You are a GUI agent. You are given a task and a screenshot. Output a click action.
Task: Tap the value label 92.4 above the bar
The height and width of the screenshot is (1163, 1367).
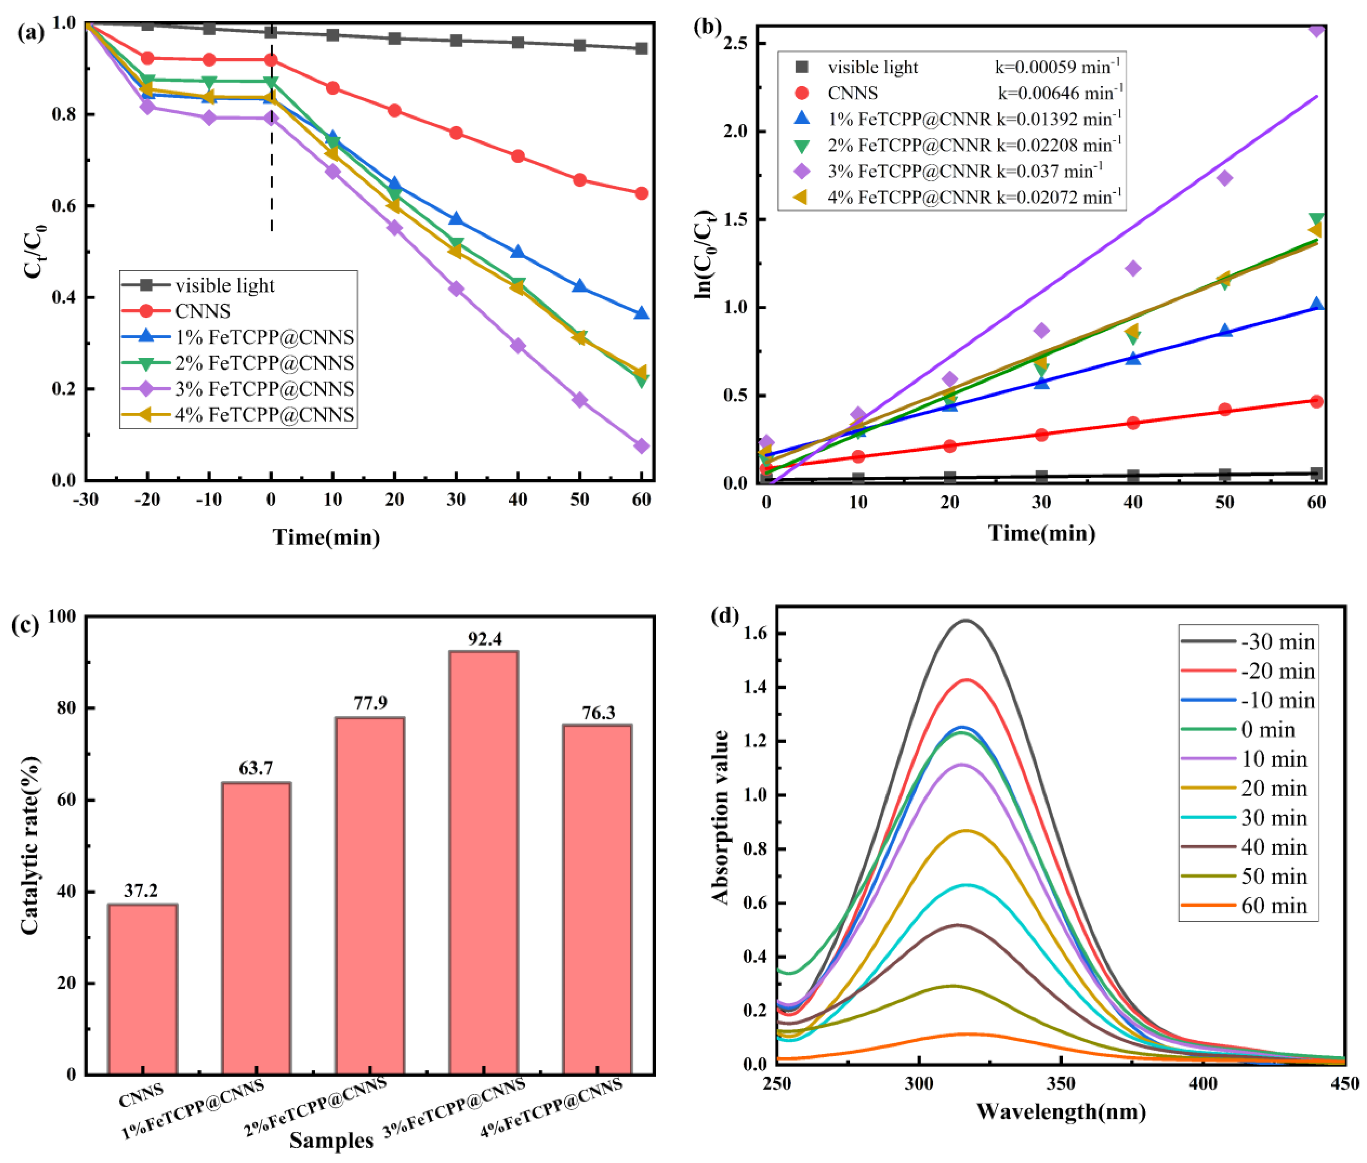[x=485, y=638]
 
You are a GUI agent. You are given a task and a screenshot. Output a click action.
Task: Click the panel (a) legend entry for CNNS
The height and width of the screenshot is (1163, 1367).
[x=202, y=310]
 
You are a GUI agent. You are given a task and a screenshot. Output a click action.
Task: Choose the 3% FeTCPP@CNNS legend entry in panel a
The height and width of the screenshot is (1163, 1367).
[x=264, y=388]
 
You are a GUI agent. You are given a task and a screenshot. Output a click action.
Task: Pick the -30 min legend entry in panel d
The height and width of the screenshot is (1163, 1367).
[x=1277, y=642]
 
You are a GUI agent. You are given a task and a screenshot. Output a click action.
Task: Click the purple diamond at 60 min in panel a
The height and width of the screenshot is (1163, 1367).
[x=641, y=446]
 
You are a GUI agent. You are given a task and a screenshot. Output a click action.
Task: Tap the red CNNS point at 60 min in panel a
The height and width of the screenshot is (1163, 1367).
[x=641, y=193]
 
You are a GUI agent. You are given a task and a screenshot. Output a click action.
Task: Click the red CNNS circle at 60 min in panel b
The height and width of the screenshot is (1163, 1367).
[x=1315, y=401]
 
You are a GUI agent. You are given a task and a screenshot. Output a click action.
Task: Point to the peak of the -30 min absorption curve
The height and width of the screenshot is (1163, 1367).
[x=966, y=620]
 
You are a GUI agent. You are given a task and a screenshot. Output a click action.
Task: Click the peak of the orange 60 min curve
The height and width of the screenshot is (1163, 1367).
[x=966, y=1034]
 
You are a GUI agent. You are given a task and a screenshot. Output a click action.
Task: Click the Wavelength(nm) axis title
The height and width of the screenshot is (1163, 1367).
[x=1061, y=1111]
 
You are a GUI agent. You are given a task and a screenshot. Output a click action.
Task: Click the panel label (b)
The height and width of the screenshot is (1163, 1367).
[x=708, y=28]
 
